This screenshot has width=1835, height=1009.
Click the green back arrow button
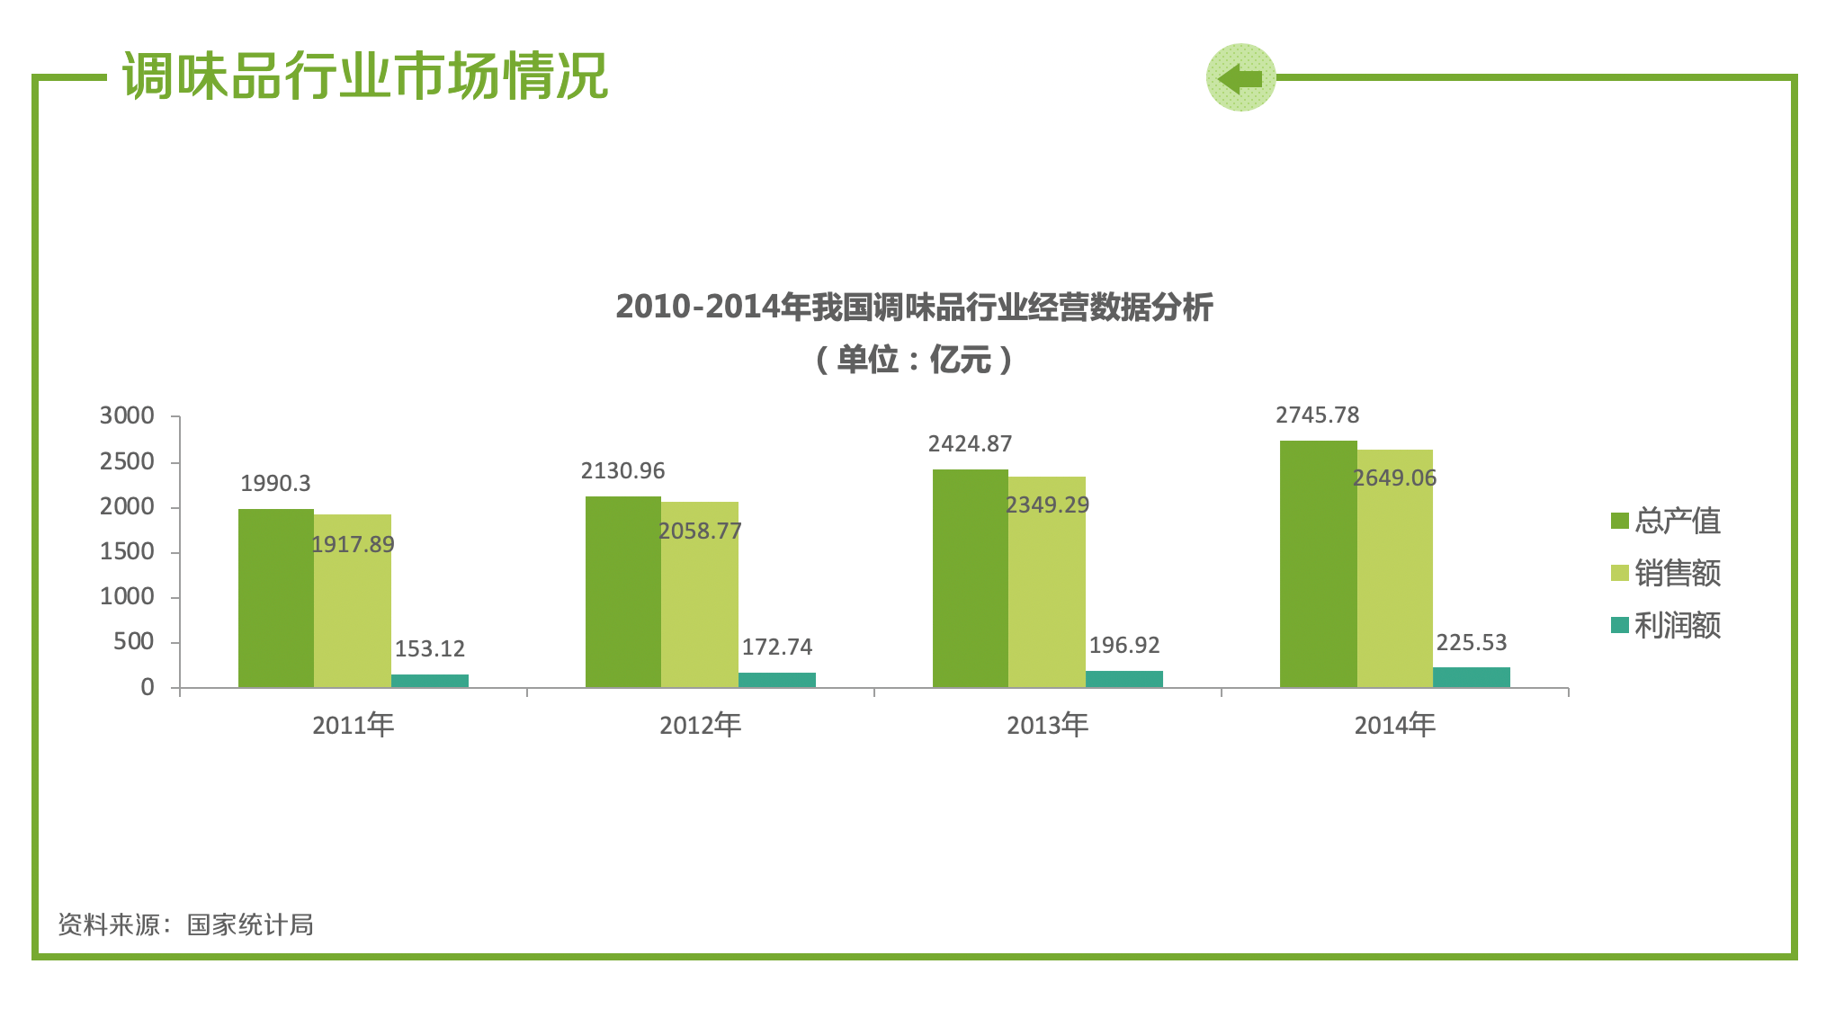point(1240,78)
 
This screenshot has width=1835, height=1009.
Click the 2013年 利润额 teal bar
point(1124,679)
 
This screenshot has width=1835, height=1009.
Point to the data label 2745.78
point(1318,415)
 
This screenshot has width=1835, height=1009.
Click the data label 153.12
point(430,649)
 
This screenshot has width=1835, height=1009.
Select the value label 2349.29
point(1047,505)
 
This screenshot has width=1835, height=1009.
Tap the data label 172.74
point(777,647)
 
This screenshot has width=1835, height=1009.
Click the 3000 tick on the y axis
point(127,416)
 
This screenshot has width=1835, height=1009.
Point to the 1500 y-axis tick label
point(127,552)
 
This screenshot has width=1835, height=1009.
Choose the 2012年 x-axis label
point(701,725)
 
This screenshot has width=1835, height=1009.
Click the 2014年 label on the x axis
point(1395,725)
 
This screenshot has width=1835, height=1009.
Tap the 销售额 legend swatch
point(1620,574)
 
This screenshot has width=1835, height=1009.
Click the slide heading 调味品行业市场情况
point(365,76)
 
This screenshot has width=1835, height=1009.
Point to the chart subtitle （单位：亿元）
point(915,360)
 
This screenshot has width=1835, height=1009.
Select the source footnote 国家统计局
point(250,924)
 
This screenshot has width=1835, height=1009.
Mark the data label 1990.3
point(275,484)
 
